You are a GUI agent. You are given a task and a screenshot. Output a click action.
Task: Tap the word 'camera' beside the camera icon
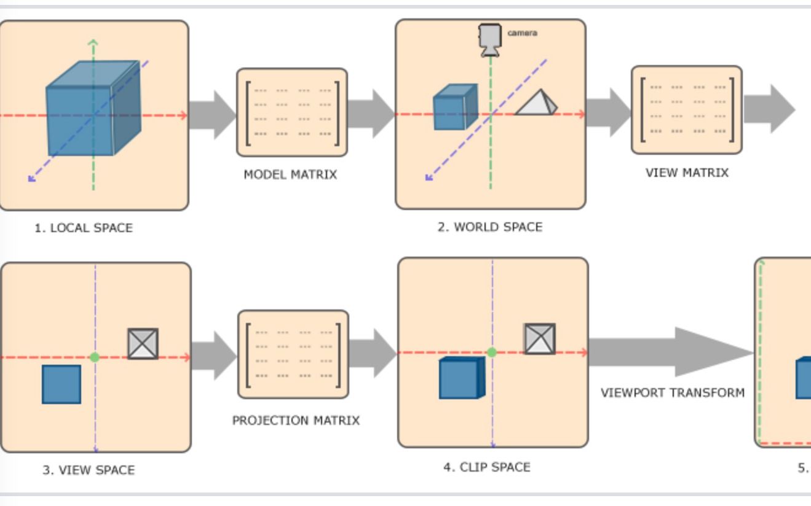point(522,33)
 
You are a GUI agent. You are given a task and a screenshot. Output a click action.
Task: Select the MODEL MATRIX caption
point(290,174)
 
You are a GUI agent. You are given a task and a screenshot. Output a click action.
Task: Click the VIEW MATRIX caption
point(687,173)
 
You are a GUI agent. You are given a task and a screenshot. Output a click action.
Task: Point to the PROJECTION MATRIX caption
point(296,421)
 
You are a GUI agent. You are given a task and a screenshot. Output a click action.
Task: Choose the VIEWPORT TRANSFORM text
point(672,392)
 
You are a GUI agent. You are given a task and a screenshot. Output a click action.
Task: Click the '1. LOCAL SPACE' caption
point(84,228)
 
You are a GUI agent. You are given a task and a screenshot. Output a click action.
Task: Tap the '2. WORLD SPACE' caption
point(490,227)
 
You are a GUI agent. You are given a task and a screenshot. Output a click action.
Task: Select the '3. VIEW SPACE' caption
point(89,470)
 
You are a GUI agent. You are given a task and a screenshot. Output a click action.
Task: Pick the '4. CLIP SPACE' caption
point(487,467)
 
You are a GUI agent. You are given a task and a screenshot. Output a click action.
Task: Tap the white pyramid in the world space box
point(536,103)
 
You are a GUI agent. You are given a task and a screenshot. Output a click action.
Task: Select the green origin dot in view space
point(95,357)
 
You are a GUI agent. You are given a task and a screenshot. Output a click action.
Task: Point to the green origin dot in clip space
point(492,352)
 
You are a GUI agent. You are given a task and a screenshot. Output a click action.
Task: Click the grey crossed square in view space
point(143,344)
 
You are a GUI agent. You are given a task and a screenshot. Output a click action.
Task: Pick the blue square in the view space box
point(61,384)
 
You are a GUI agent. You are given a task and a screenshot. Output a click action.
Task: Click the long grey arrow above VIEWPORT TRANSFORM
point(670,352)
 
